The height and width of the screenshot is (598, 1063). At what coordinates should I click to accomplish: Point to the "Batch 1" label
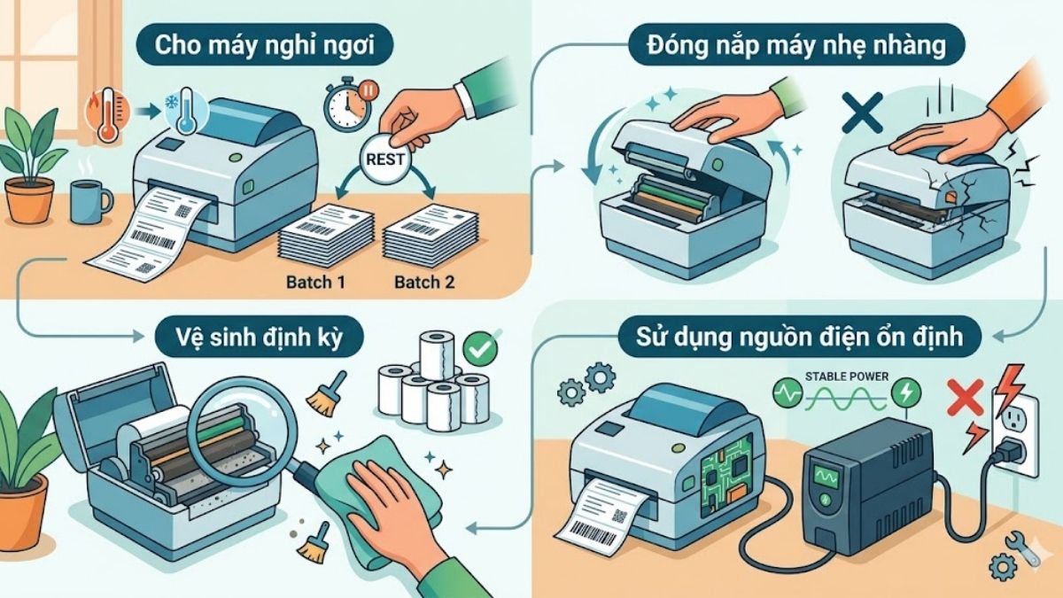(315, 282)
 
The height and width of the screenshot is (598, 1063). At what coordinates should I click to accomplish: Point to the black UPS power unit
(868, 487)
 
